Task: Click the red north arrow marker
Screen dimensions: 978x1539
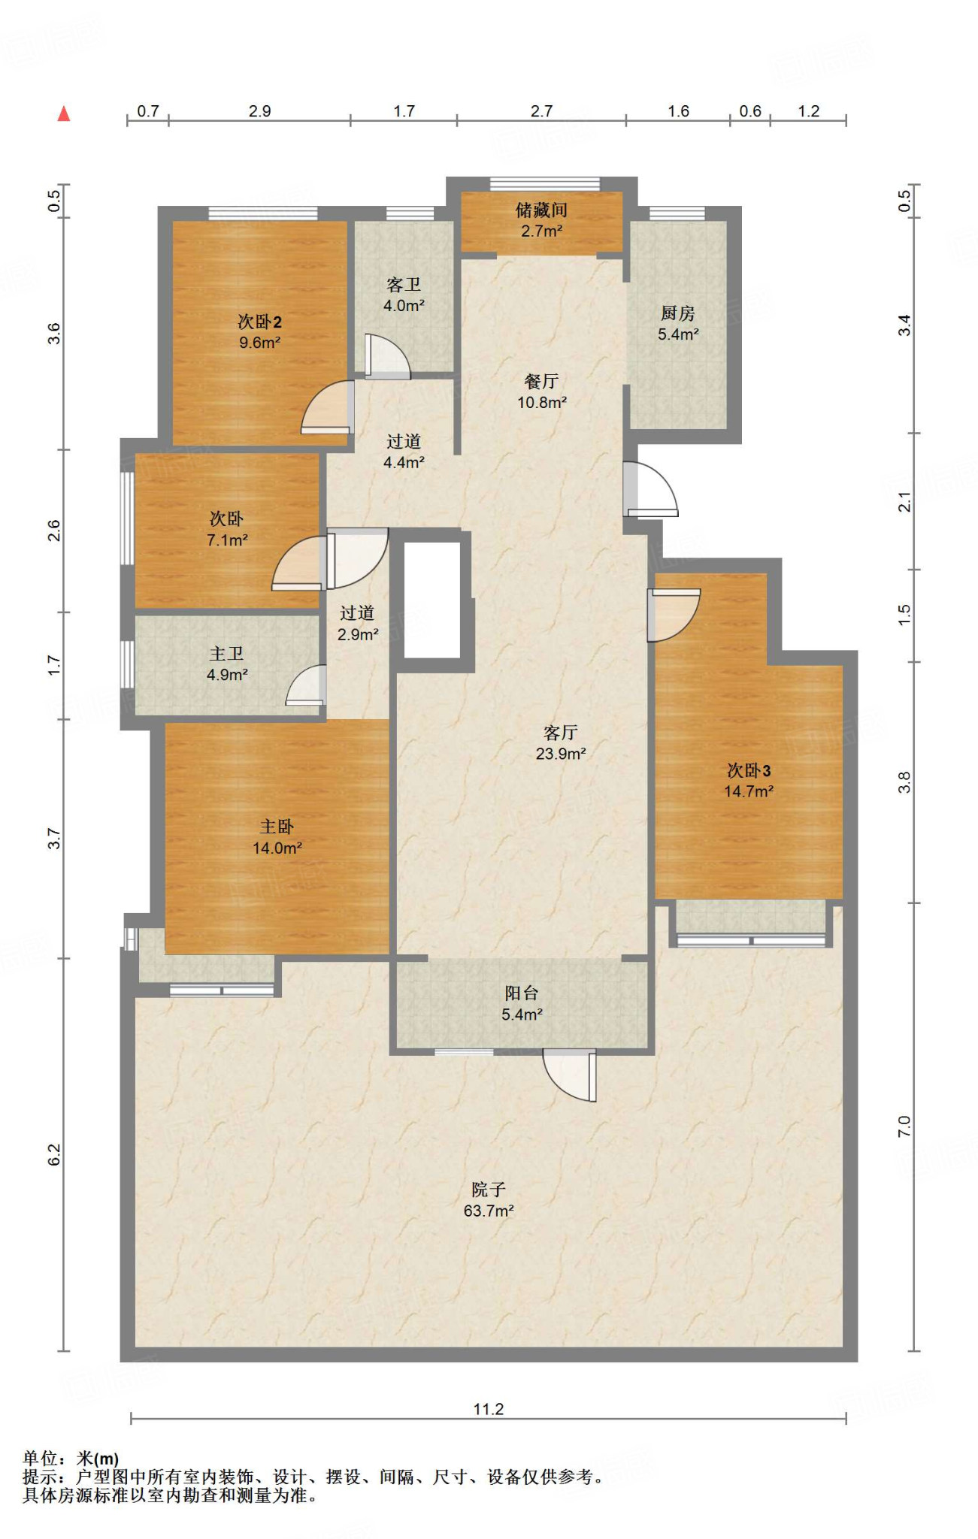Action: pyautogui.click(x=64, y=113)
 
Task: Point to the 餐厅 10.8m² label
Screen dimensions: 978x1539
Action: pyautogui.click(x=541, y=392)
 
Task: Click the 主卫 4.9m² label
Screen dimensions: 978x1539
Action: pyautogui.click(x=227, y=664)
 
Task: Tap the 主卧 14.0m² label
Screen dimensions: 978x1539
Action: pyautogui.click(x=277, y=837)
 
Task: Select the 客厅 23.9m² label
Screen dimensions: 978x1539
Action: pyautogui.click(x=561, y=742)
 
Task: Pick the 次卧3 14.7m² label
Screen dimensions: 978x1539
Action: pyautogui.click(x=749, y=780)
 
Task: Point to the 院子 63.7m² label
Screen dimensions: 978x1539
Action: pyautogui.click(x=489, y=1199)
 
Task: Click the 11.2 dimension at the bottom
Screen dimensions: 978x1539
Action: pyautogui.click(x=489, y=1408)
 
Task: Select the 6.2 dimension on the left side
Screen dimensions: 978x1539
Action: pyautogui.click(x=54, y=1155)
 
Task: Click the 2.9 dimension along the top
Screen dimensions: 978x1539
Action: pyautogui.click(x=259, y=111)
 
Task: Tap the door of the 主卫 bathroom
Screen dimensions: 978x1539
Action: pyautogui.click(x=306, y=686)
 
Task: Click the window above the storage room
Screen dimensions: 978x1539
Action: pyautogui.click(x=545, y=183)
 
